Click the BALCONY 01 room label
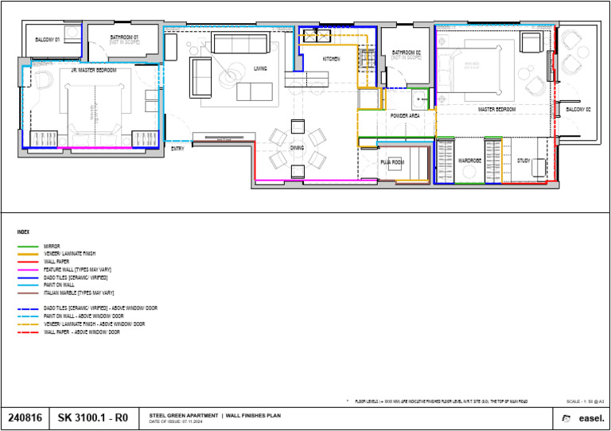point(48,38)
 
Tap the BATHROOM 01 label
point(124,37)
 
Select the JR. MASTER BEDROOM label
point(94,71)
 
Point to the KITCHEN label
point(332,60)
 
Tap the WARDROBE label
point(469,161)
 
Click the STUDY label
point(523,161)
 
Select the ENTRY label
point(177,148)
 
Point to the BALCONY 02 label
point(578,109)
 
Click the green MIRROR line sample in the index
point(28,247)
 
